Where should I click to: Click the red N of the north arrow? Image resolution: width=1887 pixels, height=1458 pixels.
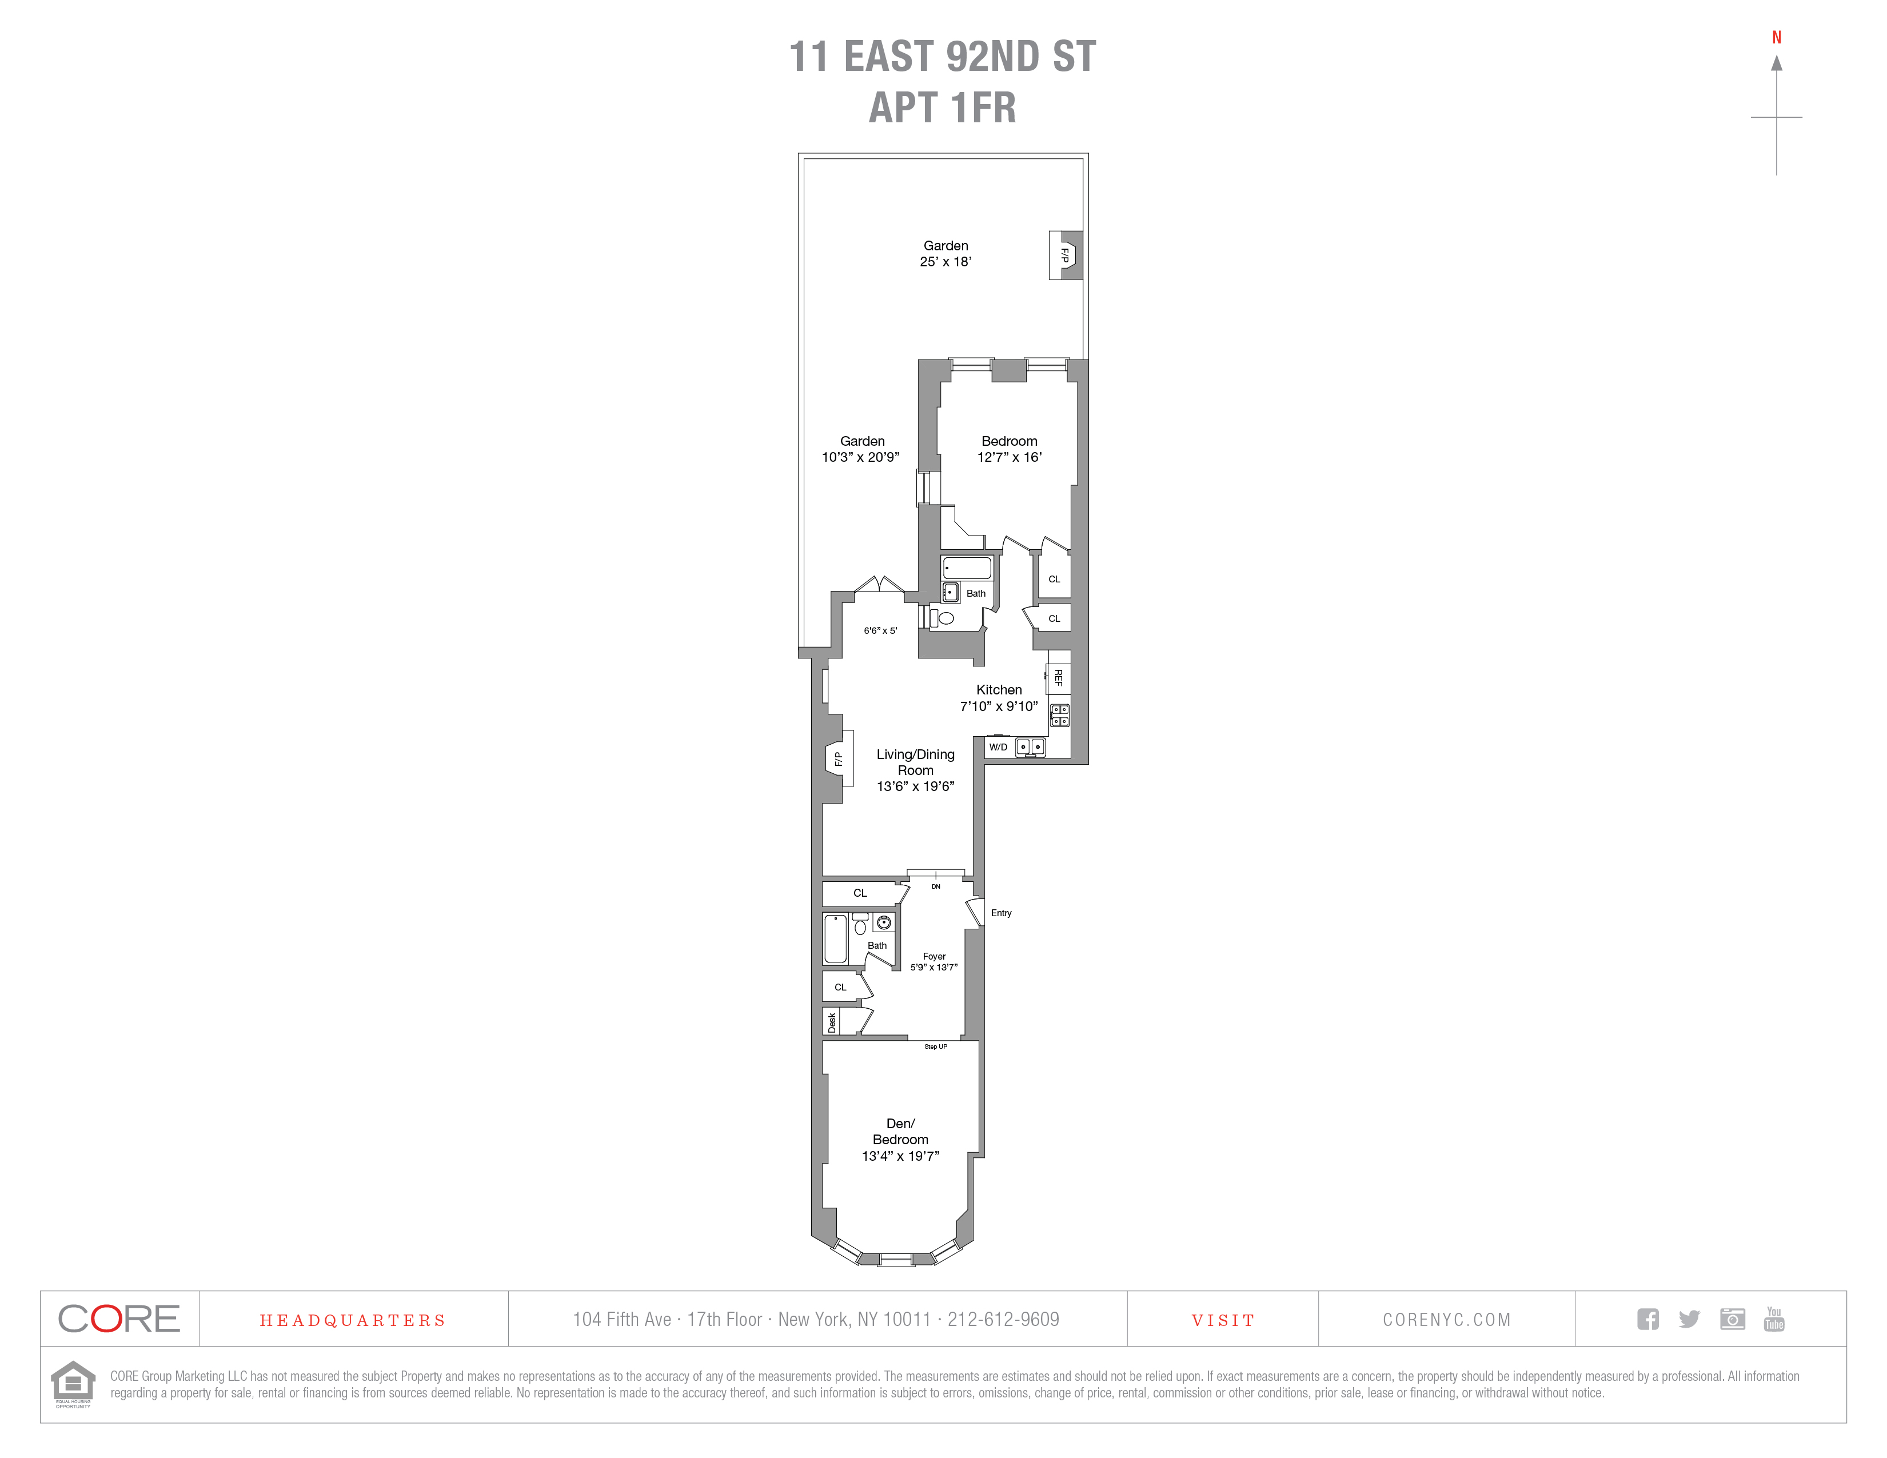tap(1777, 37)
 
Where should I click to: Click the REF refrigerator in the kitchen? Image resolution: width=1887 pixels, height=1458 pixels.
tap(1059, 678)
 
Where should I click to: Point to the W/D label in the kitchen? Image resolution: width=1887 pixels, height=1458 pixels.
tap(998, 747)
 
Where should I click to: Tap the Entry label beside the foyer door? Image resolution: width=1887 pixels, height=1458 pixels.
tap(1002, 913)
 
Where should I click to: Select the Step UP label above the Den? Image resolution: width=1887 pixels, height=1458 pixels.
tap(936, 1047)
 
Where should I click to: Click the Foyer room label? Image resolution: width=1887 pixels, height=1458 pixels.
tap(934, 956)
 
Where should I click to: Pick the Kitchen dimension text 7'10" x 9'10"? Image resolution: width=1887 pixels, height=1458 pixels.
tap(999, 706)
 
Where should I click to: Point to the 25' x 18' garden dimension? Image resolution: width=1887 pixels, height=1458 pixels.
tap(946, 262)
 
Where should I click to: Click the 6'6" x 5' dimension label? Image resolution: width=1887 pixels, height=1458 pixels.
tap(880, 630)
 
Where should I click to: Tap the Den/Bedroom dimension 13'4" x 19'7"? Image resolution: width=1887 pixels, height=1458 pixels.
tap(900, 1156)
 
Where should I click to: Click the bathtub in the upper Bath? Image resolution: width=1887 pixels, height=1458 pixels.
tap(967, 568)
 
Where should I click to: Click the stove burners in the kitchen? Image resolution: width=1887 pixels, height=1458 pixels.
tap(1059, 715)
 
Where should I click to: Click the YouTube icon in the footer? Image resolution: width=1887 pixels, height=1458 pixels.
tap(1774, 1319)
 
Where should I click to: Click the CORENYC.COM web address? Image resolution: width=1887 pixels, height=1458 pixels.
tap(1446, 1320)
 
